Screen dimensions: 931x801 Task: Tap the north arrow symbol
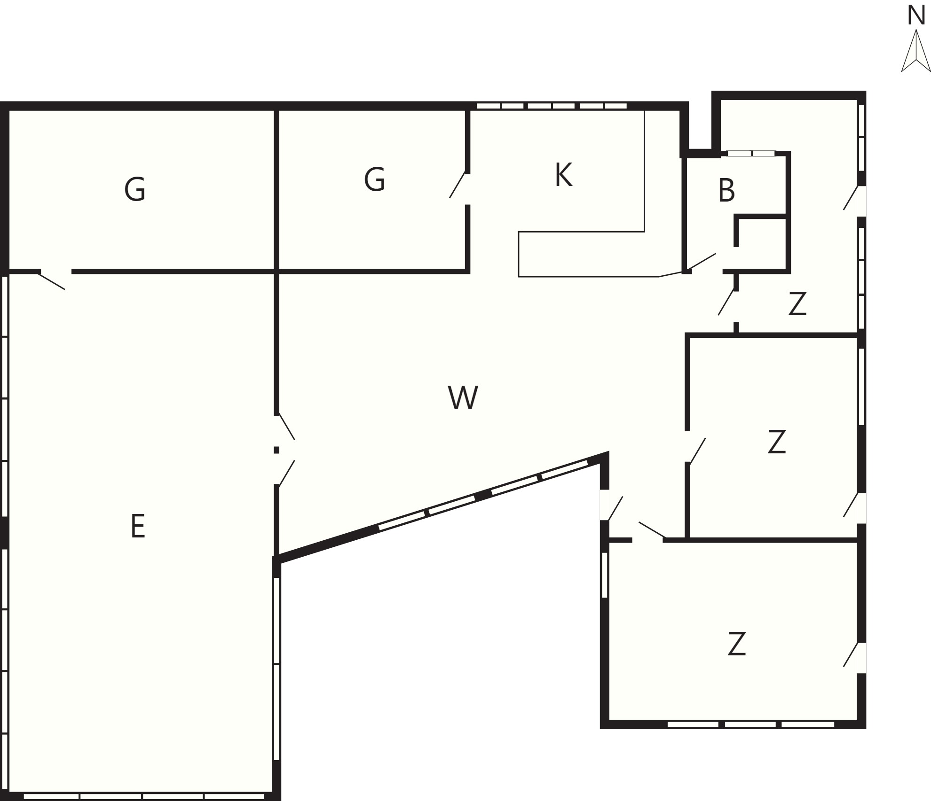[916, 51]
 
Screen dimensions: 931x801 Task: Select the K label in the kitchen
[563, 175]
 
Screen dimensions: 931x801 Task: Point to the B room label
[726, 190]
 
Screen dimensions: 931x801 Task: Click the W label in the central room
[463, 397]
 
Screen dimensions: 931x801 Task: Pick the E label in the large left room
[138, 526]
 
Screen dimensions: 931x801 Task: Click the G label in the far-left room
[135, 189]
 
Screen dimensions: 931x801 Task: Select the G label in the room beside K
[375, 179]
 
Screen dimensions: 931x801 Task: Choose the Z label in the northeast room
[797, 303]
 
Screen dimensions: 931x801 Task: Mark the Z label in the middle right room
[777, 442]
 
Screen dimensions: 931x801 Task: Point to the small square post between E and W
[276, 450]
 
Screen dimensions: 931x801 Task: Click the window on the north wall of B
[751, 153]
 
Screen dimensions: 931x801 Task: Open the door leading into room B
[702, 262]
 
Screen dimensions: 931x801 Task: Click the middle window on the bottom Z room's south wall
[750, 724]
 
